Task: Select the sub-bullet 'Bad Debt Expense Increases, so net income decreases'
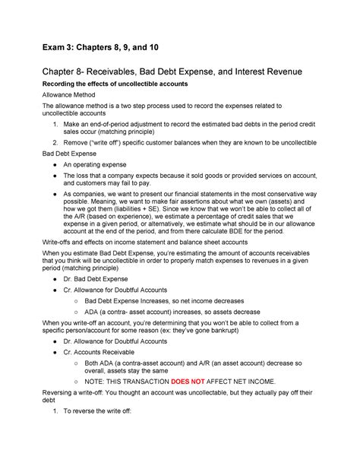(x=181, y=301)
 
